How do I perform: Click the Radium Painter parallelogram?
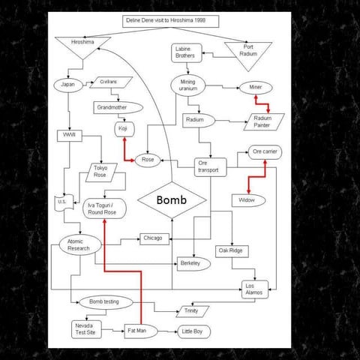[262, 121]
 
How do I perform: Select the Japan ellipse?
[65, 84]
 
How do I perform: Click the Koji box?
[124, 130]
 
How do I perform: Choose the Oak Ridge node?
[229, 250]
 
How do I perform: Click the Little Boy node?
[194, 331]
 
